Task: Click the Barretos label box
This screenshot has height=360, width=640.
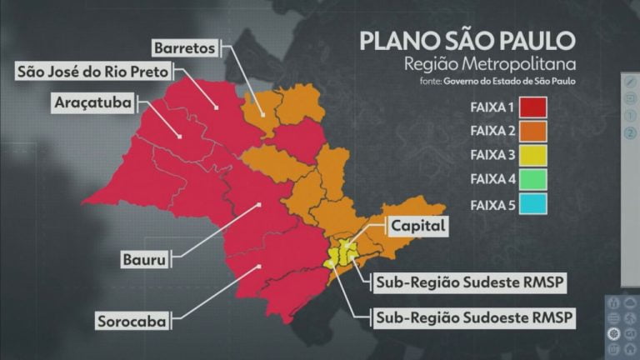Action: [185, 48]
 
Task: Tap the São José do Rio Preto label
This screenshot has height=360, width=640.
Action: [95, 72]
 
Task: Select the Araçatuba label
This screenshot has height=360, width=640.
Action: [72, 104]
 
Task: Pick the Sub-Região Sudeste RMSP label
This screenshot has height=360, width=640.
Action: [470, 282]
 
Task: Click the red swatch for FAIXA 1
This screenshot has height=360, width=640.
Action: [532, 107]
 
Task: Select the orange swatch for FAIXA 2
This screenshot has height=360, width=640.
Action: [532, 131]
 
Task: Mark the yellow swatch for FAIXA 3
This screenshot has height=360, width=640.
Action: [532, 155]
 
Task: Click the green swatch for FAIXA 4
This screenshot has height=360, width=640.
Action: [532, 179]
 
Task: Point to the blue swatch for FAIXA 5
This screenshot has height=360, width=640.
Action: [532, 204]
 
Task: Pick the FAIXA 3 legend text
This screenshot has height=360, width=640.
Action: [492, 155]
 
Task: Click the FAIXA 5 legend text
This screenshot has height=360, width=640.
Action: [492, 204]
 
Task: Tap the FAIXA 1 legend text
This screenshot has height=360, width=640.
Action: [492, 107]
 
